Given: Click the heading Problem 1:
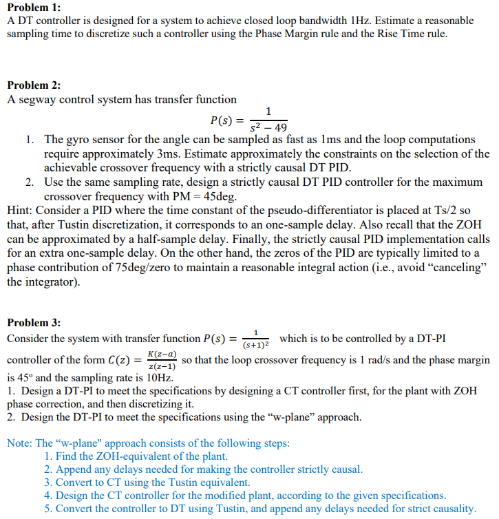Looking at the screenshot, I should (34, 8).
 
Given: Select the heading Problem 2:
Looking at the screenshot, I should (34, 85).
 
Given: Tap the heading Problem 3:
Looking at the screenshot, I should (34, 323).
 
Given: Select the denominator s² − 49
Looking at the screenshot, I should (268, 127).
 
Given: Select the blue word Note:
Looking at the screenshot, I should (20, 443).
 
